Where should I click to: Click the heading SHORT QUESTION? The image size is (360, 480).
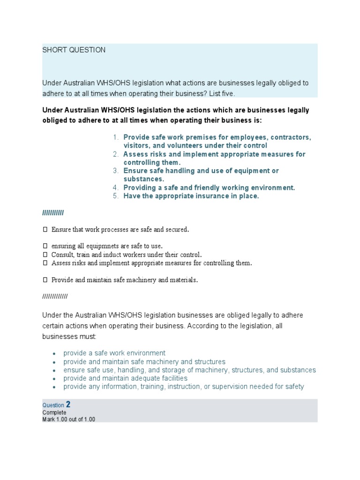pyautogui.click(x=74, y=50)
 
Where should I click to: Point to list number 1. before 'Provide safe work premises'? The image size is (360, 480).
pyautogui.click(x=116, y=137)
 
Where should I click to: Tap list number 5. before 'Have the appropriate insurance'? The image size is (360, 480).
pyautogui.click(x=116, y=196)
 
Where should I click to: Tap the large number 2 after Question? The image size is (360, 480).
pyautogui.click(x=68, y=404)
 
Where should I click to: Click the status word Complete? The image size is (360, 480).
pyautogui.click(x=54, y=412)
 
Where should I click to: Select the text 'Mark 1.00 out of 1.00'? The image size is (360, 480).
pyautogui.click(x=68, y=419)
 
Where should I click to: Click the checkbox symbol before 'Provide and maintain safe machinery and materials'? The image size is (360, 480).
pyautogui.click(x=45, y=280)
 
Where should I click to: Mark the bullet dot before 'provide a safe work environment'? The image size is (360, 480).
pyautogui.click(x=54, y=353)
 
